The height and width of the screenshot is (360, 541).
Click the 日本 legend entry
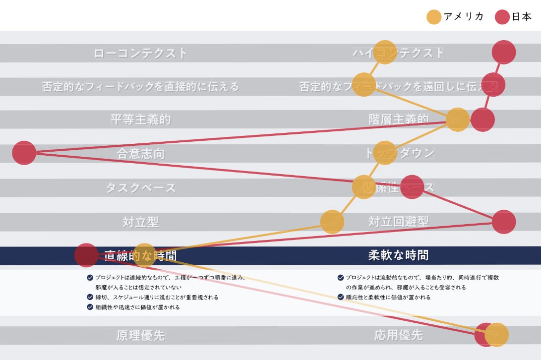coord(513,17)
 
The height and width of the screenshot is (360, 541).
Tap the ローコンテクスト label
coord(141,53)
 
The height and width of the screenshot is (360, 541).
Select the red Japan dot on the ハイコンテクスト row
coord(504,52)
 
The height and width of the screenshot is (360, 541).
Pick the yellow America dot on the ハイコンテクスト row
coord(385,52)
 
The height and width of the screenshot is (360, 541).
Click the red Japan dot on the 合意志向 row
coord(24,153)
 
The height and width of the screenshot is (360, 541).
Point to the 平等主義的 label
coord(141,120)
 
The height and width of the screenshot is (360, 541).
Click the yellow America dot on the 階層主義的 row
coord(457,120)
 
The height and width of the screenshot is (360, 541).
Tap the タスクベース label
coord(141,188)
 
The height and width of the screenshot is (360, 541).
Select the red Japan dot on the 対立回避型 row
coord(504,222)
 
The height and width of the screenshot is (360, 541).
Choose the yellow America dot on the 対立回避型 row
coord(332,222)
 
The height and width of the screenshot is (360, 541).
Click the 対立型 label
coord(141,222)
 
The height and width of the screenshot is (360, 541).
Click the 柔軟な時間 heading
coord(398,255)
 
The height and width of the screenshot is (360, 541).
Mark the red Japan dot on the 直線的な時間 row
coord(86,255)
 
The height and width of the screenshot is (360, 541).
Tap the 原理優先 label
coord(141,335)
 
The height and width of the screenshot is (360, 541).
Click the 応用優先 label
coord(398,335)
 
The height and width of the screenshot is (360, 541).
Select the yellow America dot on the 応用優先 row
coord(497,335)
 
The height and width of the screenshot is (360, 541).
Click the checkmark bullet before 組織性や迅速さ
coord(90,307)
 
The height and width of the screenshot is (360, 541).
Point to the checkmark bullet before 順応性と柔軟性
coord(341,297)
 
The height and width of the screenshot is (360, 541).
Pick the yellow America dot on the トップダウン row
coord(385,153)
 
